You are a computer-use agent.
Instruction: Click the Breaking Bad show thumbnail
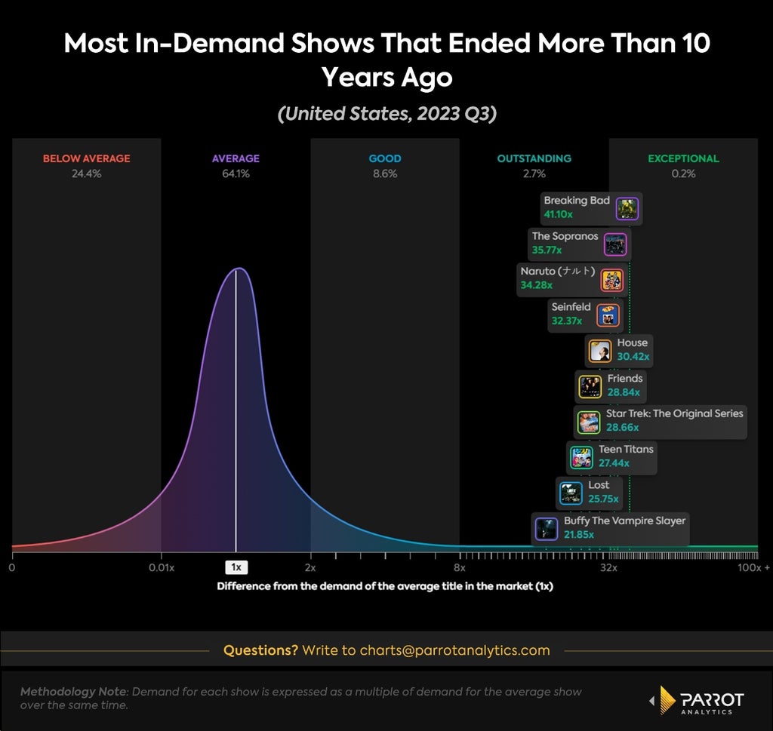pyautogui.click(x=627, y=208)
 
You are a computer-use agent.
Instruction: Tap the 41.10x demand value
pyautogui.click(x=558, y=214)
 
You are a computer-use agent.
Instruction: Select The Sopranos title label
pyautogui.click(x=565, y=236)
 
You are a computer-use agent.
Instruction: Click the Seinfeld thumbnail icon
pyautogui.click(x=608, y=315)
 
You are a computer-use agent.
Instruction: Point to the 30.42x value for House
pyautogui.click(x=633, y=356)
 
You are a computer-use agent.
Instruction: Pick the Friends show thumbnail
pyautogui.click(x=590, y=387)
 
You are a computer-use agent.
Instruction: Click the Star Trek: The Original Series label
pyautogui.click(x=674, y=413)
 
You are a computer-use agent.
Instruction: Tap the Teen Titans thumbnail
pyautogui.click(x=581, y=458)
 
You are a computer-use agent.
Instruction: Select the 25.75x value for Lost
pyautogui.click(x=603, y=499)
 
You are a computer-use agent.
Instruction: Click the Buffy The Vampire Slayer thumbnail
pyautogui.click(x=547, y=529)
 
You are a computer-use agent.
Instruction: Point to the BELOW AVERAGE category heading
pyautogui.click(x=87, y=158)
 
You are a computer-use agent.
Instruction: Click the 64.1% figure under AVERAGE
pyautogui.click(x=236, y=174)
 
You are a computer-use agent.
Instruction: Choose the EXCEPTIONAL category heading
pyautogui.click(x=683, y=158)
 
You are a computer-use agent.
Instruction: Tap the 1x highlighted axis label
pyautogui.click(x=236, y=567)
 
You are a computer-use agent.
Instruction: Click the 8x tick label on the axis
pyautogui.click(x=460, y=567)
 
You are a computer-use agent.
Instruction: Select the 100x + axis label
pyautogui.click(x=753, y=567)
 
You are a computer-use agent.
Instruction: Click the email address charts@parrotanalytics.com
pyautogui.click(x=454, y=650)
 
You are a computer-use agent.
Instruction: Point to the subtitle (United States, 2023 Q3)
pyautogui.click(x=387, y=114)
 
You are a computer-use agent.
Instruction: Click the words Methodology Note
pyautogui.click(x=73, y=692)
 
